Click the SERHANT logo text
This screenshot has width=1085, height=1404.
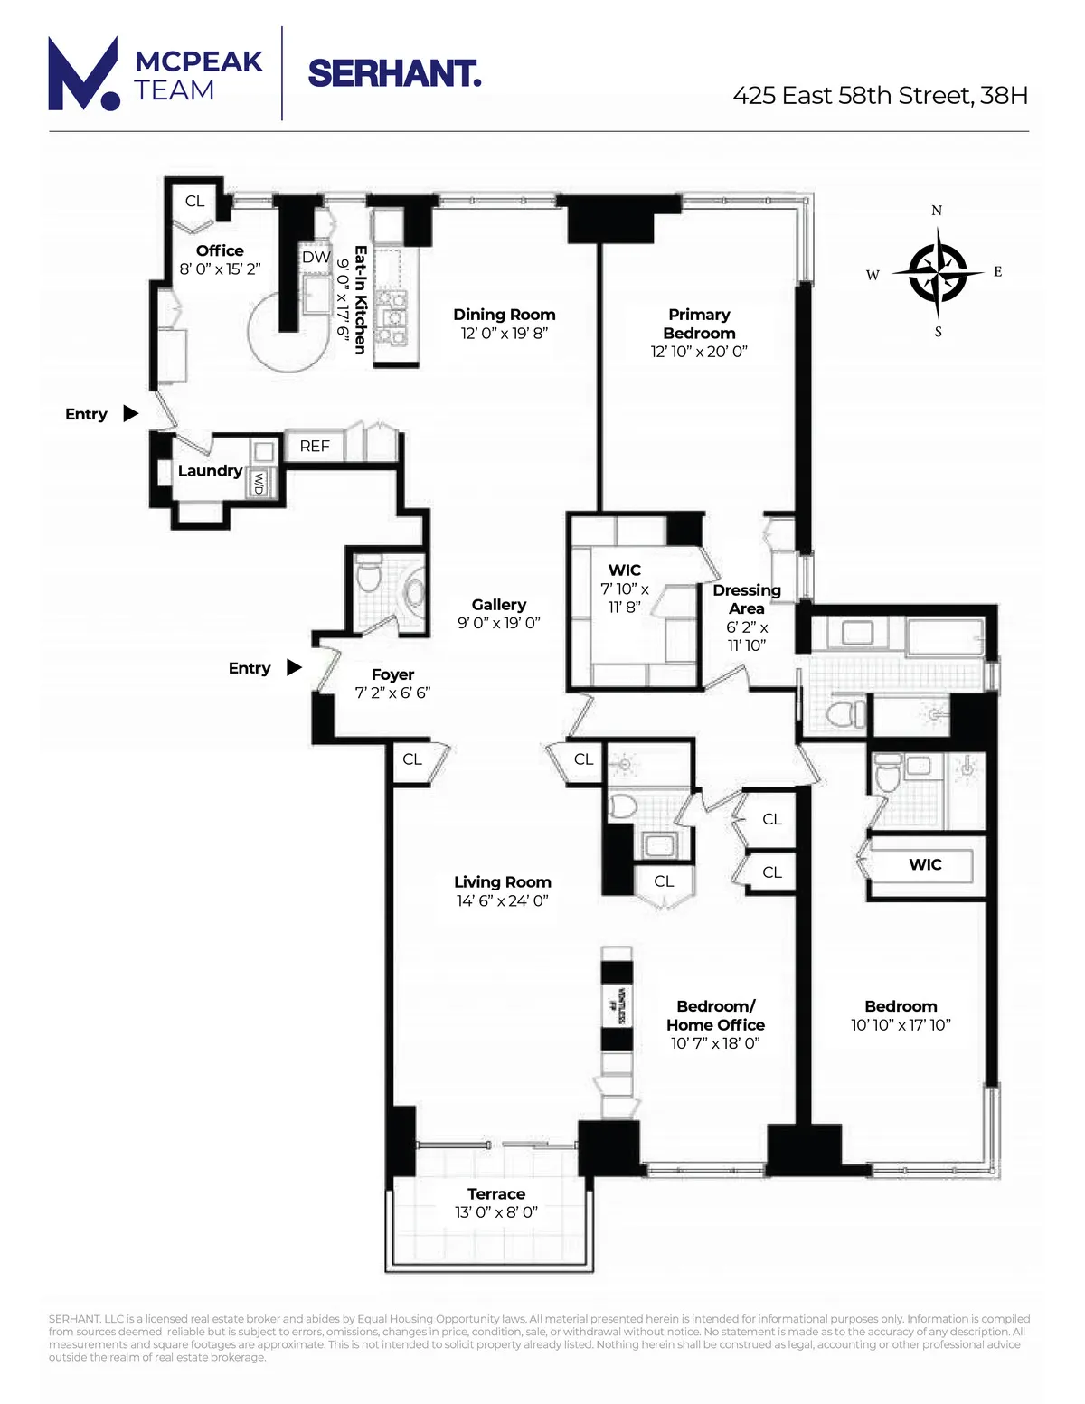[x=394, y=73]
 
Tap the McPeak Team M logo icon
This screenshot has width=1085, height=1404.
[x=83, y=74]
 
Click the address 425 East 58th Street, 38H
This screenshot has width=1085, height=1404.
[x=880, y=96]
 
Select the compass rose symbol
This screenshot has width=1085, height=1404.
[x=938, y=272]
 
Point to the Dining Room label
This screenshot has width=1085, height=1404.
[x=505, y=315]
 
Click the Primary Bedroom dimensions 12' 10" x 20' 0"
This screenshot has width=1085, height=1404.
[x=699, y=352]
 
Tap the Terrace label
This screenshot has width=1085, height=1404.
[x=496, y=1194]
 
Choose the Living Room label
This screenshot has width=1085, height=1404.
[x=503, y=882]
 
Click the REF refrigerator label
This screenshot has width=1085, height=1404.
[x=315, y=447]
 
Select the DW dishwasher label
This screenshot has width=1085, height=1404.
[x=316, y=258]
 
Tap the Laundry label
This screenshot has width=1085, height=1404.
[x=210, y=471]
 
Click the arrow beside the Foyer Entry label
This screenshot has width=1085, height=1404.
[x=294, y=668]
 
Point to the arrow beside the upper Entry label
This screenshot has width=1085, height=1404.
[x=131, y=414]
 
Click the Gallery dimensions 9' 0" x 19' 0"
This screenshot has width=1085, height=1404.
[x=498, y=623]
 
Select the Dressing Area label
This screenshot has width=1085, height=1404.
[x=747, y=599]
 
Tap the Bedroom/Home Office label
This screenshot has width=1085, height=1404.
[x=715, y=1015]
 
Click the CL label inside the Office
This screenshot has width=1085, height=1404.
[x=194, y=202]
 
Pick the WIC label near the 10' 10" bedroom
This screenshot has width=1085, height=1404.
[x=925, y=865]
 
